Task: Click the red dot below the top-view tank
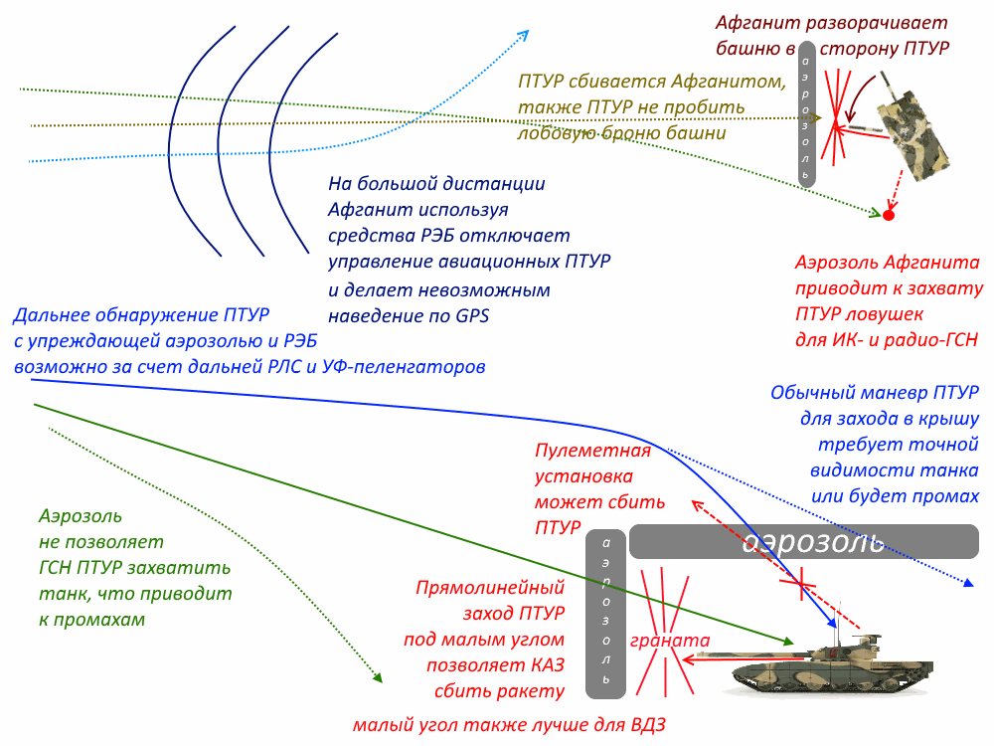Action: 889,216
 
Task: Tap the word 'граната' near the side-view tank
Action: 669,641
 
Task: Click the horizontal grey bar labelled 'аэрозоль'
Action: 804,542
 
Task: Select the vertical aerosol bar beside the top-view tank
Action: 806,114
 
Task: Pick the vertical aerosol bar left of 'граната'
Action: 606,614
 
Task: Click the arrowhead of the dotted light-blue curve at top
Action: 524,34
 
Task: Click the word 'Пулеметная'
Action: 592,451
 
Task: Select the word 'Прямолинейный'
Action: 490,588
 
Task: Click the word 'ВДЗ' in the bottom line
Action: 648,725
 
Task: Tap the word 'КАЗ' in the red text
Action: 548,665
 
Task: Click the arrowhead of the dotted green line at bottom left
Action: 379,678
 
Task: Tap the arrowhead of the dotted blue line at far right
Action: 968,582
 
